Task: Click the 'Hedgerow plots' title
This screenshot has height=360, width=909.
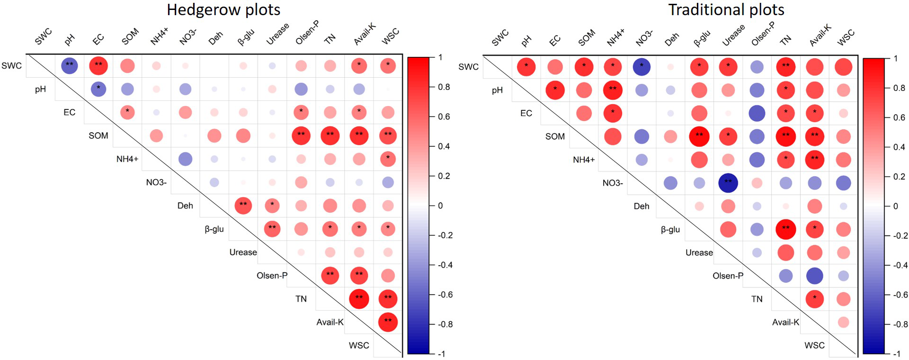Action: click(223, 10)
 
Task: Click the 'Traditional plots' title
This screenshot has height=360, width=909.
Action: click(726, 10)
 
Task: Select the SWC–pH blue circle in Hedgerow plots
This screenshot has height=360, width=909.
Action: click(70, 66)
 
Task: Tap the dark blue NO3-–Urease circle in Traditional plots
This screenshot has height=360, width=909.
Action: click(728, 183)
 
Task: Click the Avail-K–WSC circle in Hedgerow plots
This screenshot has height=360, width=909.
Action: click(388, 322)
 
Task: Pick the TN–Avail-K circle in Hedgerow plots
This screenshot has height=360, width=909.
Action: click(359, 299)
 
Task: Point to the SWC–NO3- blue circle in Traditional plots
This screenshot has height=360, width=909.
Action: click(642, 67)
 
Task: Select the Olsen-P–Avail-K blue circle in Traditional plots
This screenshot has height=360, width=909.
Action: click(814, 276)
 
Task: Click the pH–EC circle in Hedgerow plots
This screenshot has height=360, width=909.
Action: click(98, 89)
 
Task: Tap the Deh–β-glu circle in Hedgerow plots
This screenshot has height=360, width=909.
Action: click(243, 206)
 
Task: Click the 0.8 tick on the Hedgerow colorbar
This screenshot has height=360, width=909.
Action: click(444, 87)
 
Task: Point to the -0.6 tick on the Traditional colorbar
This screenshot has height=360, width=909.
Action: click(900, 295)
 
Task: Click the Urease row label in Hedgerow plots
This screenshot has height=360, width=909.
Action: click(243, 252)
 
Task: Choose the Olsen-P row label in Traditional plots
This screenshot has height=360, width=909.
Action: click(728, 276)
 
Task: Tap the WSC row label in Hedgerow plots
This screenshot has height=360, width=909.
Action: click(359, 345)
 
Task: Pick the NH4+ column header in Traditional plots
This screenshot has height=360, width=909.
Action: click(615, 37)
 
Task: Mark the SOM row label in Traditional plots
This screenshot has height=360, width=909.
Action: click(555, 136)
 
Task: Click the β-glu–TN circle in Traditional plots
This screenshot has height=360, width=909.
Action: click(785, 229)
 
